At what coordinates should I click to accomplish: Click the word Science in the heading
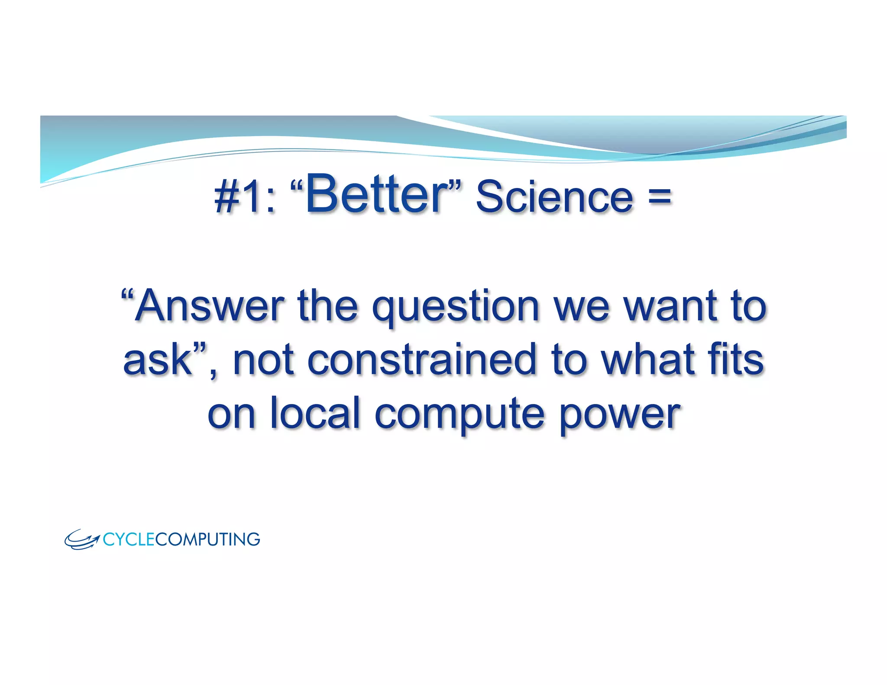pos(554,197)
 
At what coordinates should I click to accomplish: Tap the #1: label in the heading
pos(245,197)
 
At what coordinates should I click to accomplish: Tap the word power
pos(620,416)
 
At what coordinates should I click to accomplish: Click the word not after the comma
pos(264,359)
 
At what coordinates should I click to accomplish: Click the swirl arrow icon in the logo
pos(82,540)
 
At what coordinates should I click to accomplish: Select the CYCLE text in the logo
pos(129,540)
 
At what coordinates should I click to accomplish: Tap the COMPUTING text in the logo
pos(207,540)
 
